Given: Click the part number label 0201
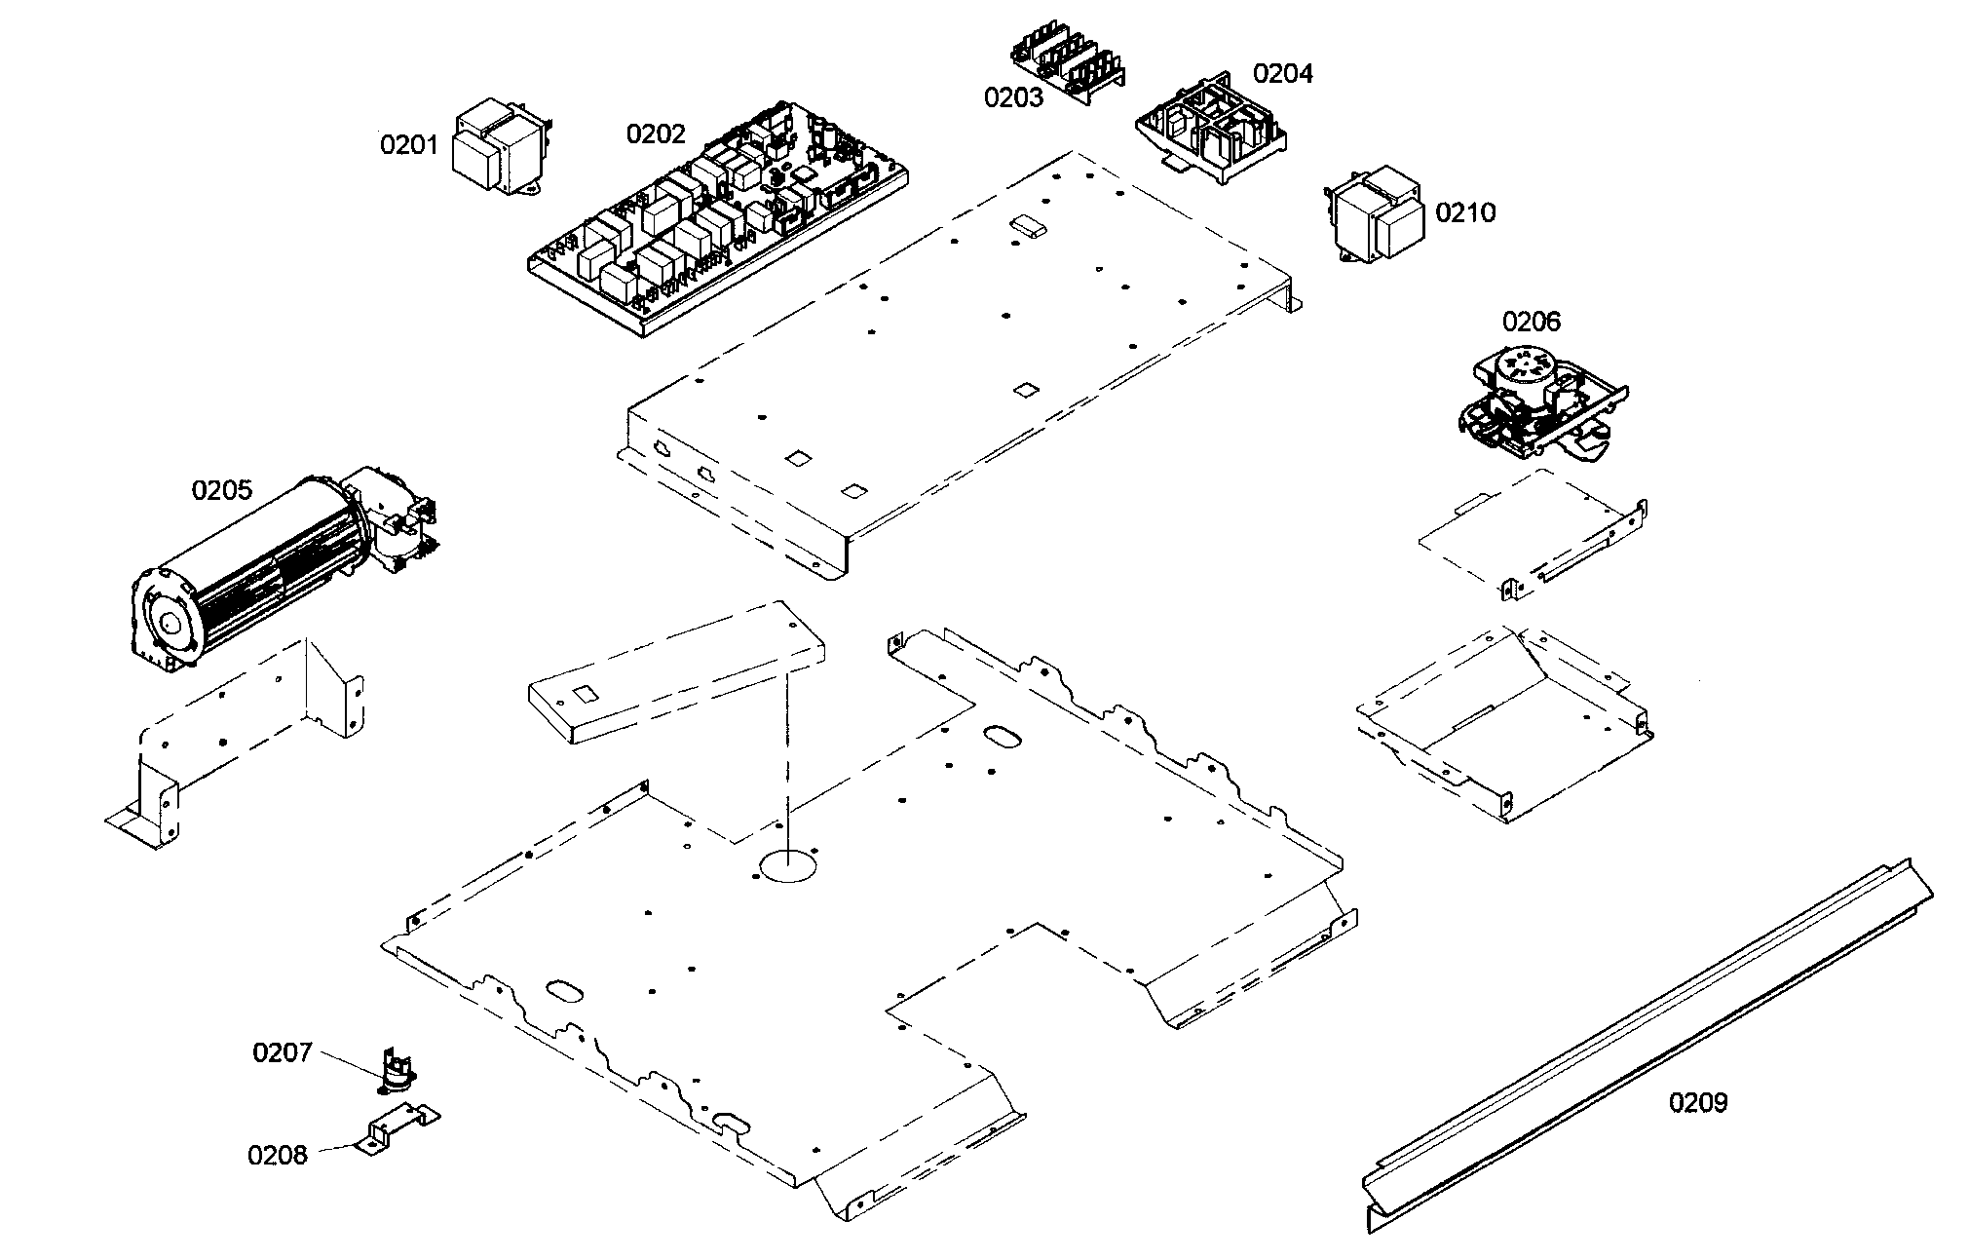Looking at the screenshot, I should [409, 145].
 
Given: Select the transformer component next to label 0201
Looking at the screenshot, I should [502, 151].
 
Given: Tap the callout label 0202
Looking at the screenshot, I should [656, 134].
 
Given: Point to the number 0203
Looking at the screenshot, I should [1013, 97].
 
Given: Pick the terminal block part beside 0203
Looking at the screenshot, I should [1067, 63].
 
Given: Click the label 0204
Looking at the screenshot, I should [1282, 73].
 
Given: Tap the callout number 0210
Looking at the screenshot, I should [1465, 212].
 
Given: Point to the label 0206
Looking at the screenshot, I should [1531, 322].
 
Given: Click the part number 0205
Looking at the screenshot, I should [221, 490].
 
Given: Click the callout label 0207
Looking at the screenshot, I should [283, 1052].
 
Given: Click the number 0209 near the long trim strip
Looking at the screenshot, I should [1698, 1102].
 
